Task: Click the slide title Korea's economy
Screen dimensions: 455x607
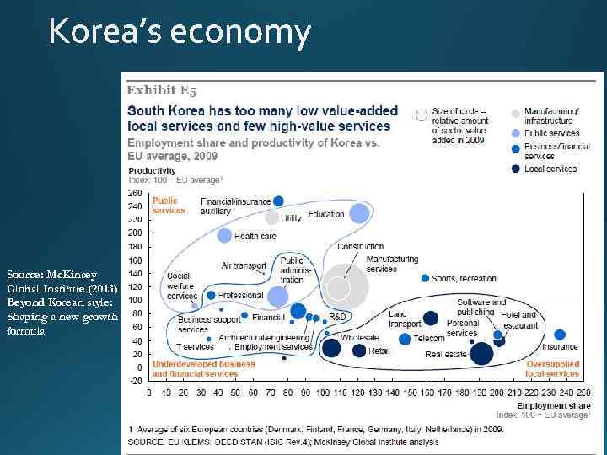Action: (180, 33)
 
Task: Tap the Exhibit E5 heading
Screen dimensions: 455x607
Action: (162, 90)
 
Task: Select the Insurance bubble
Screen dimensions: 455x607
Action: (560, 335)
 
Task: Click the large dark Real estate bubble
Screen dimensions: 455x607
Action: (481, 354)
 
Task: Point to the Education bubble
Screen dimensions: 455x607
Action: (359, 214)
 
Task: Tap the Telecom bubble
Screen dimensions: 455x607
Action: (406, 339)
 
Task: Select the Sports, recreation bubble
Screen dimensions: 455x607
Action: (425, 278)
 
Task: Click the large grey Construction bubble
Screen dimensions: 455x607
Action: (341, 287)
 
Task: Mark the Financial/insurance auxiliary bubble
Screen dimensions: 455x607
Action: (278, 201)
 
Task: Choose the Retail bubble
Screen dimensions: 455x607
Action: (359, 351)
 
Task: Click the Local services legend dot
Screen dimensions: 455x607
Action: (515, 169)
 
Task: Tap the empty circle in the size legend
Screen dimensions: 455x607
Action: (421, 115)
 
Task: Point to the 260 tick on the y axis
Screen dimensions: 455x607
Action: (134, 192)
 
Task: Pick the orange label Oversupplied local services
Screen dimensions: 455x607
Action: (551, 368)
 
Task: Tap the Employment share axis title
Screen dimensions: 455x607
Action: (547, 405)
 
